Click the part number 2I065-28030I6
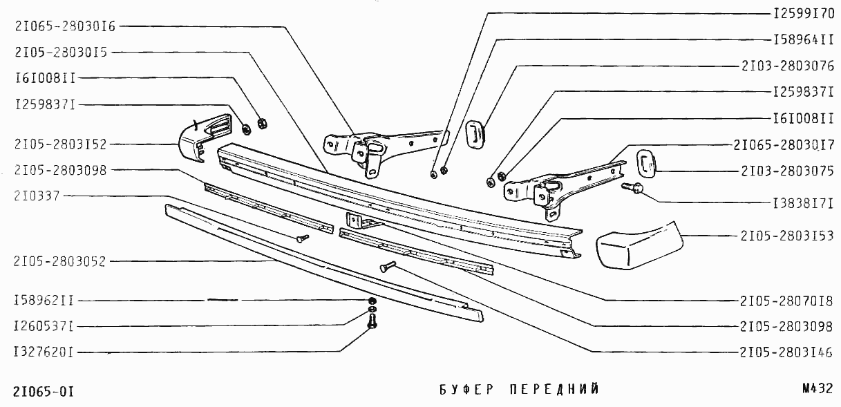coord(64,26)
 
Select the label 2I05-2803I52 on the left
coord(59,144)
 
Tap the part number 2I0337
coord(37,196)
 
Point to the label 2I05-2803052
coord(59,261)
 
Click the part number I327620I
coord(44,352)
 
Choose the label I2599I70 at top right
coord(803,13)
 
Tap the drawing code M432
coord(818,389)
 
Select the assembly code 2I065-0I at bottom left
coord(44,392)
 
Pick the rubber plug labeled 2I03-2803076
coord(475,133)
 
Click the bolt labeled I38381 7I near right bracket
coord(634,187)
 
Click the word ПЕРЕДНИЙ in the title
coord(554,390)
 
